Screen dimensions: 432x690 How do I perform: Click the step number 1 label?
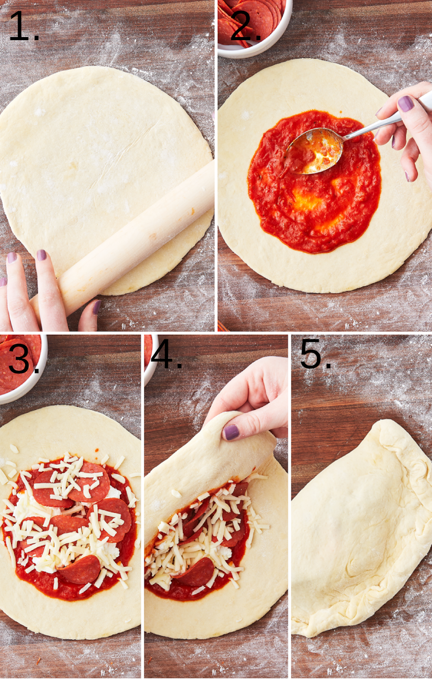coord(24,26)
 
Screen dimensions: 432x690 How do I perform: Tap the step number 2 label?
coord(245,26)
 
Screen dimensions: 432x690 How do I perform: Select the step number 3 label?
coord(24,360)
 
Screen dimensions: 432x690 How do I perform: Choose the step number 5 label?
coord(316,354)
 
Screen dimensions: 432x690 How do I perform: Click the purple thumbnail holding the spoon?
coord(406,103)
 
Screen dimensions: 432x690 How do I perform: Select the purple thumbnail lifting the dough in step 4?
coord(232,432)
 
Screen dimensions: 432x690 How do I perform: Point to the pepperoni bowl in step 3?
coord(22,369)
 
